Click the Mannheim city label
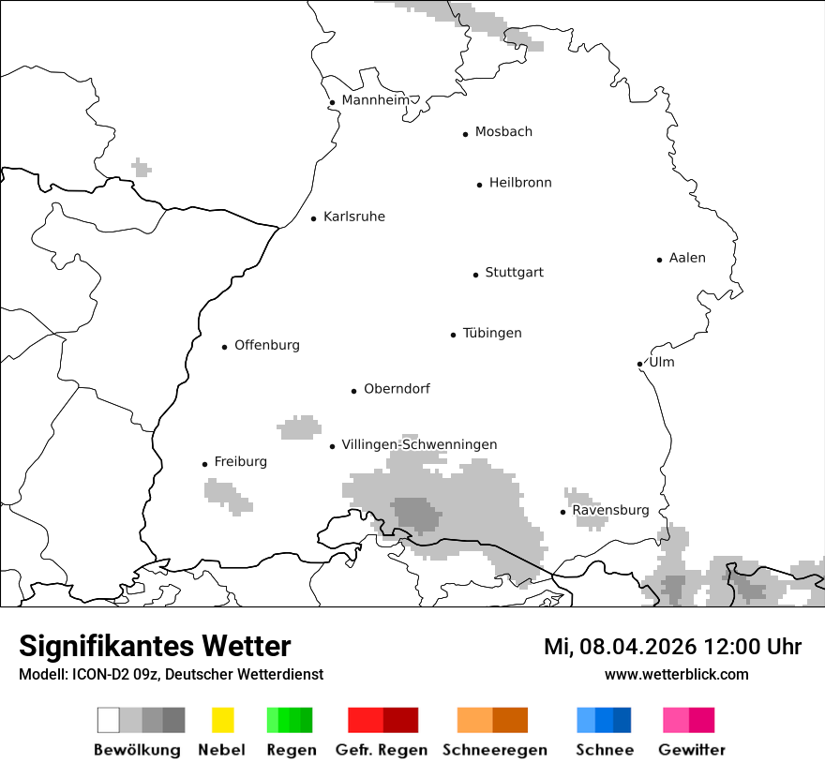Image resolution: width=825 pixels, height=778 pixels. [376, 100]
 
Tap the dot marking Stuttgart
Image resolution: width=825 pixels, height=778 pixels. [475, 275]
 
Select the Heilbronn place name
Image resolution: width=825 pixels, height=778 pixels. [520, 183]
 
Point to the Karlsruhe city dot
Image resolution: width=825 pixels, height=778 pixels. [314, 218]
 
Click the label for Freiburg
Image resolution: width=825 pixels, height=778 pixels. [240, 461]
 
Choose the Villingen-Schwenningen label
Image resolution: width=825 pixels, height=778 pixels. [419, 444]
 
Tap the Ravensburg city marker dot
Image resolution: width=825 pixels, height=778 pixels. [562, 512]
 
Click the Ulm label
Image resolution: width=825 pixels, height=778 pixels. [661, 362]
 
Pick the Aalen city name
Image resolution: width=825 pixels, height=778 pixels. [687, 258]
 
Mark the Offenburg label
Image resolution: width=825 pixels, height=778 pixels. [267, 345]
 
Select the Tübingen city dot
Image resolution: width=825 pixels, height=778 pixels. [453, 335]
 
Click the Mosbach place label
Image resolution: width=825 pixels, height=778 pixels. [503, 132]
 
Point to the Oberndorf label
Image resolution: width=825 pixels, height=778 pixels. [397, 389]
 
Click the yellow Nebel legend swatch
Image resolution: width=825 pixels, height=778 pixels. [222, 720]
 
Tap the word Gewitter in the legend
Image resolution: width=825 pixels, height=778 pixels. [692, 750]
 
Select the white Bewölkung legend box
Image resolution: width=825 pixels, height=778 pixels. [109, 720]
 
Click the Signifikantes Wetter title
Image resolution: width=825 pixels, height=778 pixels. [155, 646]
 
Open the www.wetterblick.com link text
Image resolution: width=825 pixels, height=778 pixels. [676, 674]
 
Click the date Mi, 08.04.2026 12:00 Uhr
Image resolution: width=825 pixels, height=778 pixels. [672, 647]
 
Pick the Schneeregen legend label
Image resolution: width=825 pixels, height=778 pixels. [495, 750]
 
